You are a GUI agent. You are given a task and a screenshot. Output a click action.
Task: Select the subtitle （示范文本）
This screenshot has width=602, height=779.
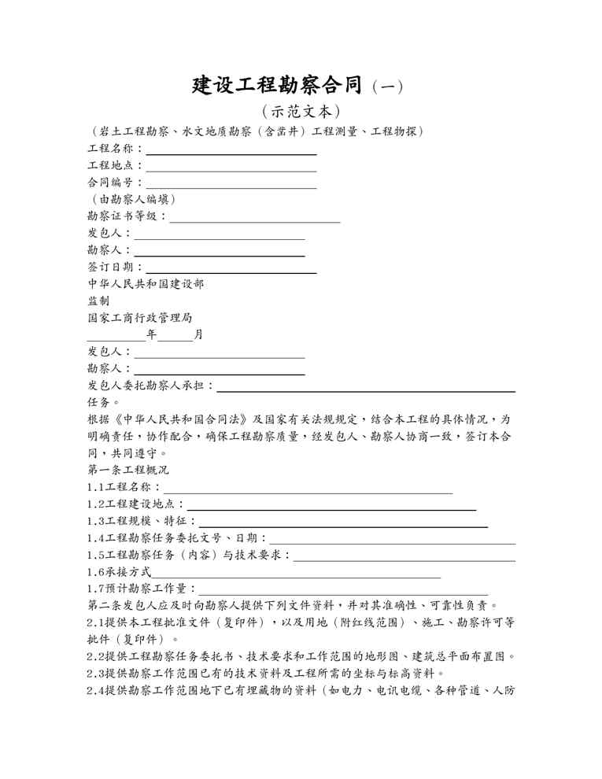coord(301,112)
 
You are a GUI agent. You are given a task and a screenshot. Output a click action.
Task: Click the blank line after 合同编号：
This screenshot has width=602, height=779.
coord(231,187)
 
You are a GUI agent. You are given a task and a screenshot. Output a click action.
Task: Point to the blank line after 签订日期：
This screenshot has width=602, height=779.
coord(231,272)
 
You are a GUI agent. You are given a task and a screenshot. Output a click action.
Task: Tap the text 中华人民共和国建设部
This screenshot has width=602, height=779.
coord(146,284)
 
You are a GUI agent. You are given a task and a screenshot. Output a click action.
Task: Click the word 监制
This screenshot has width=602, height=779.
coord(98,301)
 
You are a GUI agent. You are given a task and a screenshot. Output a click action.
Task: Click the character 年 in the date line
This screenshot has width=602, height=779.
coord(151,334)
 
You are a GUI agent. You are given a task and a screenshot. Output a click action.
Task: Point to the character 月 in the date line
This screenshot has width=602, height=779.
coord(198,334)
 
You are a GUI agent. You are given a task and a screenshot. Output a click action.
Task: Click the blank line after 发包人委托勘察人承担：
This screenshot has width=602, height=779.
coord(366,389)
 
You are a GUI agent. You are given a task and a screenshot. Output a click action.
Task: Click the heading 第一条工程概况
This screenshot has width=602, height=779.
coord(128,470)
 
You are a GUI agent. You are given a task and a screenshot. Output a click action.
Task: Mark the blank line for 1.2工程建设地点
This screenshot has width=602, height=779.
coord(331,509)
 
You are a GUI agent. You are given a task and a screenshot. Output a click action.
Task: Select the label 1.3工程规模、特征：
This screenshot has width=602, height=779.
coord(142,521)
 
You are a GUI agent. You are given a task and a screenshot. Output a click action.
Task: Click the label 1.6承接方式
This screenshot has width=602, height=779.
coord(119,572)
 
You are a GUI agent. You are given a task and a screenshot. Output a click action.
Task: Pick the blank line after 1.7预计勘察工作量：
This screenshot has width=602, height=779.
coord(342,594)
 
